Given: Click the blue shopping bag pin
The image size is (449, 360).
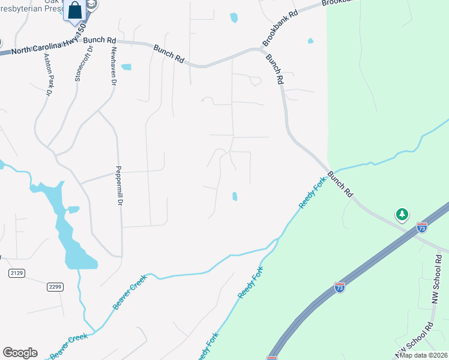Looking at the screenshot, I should pos(76,11).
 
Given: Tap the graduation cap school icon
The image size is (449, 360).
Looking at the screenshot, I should pos(91,5).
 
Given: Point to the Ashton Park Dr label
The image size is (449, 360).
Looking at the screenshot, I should pos(48,75).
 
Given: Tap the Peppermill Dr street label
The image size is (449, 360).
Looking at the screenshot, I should pos(119,186).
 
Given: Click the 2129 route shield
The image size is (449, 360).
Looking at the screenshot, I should pos(17,273).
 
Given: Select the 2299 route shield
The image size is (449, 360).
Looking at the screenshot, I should pos(55,287).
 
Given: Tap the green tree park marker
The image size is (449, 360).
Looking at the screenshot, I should pos(402,214).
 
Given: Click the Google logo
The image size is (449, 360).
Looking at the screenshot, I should pos(20,353).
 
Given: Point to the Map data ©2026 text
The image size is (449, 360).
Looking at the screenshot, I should pos(423,355).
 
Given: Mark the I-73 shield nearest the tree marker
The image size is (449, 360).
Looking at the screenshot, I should pos(421,227).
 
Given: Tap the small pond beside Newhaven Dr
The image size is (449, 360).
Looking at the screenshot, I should pos(126,67).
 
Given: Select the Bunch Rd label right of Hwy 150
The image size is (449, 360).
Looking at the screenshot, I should pos(100,41).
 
